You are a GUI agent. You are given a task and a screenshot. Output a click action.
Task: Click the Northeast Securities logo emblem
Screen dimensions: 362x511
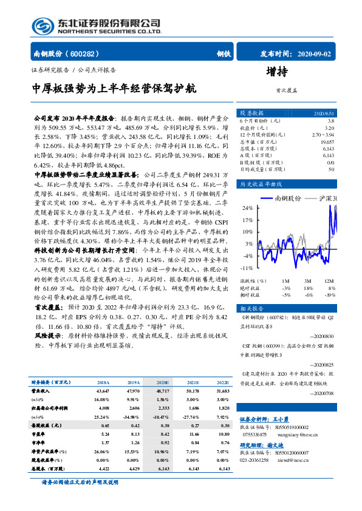[x=43, y=25]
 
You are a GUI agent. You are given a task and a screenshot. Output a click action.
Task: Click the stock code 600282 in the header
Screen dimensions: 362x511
[x=87, y=53]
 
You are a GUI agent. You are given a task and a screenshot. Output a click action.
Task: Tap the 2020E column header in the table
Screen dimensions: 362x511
[x=163, y=383]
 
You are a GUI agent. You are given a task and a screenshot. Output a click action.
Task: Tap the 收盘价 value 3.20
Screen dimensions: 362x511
[x=329, y=128]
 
